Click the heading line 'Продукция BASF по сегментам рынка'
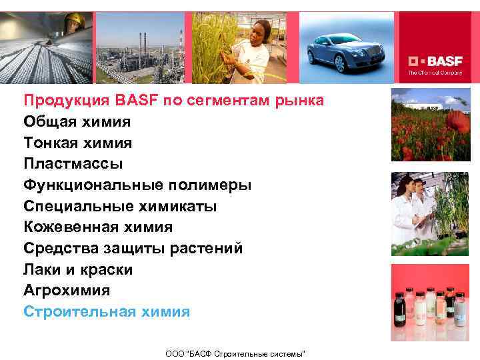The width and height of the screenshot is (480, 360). [174, 101]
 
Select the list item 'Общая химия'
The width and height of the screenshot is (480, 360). [77, 121]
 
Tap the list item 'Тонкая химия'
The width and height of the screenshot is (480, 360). [77, 143]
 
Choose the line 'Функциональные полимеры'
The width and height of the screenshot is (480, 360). [137, 185]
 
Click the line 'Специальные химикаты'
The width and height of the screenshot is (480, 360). [120, 206]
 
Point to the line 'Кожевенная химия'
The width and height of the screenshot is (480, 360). [98, 227]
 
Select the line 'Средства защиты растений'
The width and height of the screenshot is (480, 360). [133, 249]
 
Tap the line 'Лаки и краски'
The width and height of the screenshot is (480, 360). [78, 270]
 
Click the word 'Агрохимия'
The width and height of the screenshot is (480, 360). [67, 291]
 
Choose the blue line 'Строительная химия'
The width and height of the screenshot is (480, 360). [107, 312]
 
